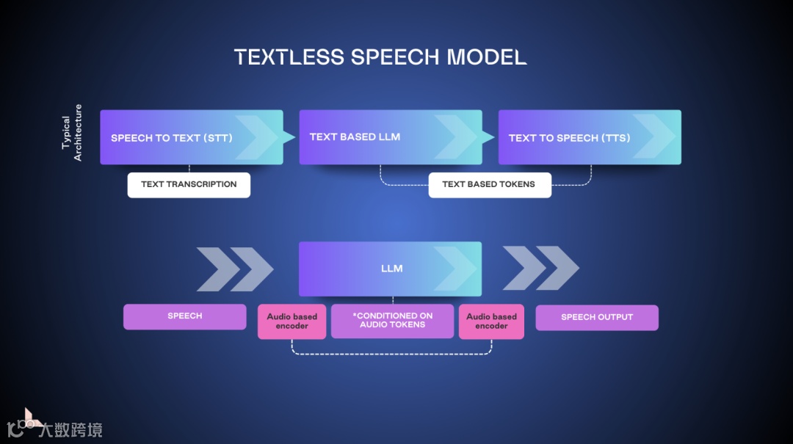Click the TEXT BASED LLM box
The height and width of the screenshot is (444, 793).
tap(390, 137)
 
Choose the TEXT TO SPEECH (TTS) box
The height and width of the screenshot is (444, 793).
tap(589, 137)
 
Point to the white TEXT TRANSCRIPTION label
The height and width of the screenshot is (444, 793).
tap(189, 184)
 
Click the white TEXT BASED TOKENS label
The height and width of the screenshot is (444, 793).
tap(489, 184)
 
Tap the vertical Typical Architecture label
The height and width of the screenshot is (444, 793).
tap(72, 133)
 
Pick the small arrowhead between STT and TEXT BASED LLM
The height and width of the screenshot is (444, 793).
tap(289, 137)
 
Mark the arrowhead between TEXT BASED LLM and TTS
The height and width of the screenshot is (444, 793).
tap(488, 137)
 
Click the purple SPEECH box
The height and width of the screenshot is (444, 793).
tap(184, 316)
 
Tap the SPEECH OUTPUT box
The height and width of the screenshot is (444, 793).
tap(596, 317)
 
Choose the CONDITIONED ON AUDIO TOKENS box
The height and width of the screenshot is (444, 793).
tap(392, 321)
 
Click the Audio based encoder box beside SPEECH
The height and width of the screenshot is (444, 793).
tap(292, 321)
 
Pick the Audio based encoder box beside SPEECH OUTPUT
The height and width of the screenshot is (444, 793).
tap(491, 321)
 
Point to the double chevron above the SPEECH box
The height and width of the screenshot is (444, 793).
tap(234, 269)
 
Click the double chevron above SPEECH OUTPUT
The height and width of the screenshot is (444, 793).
tap(540, 269)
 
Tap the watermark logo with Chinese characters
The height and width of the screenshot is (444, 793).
tap(55, 426)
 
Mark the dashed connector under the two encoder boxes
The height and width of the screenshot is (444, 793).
tap(391, 354)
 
